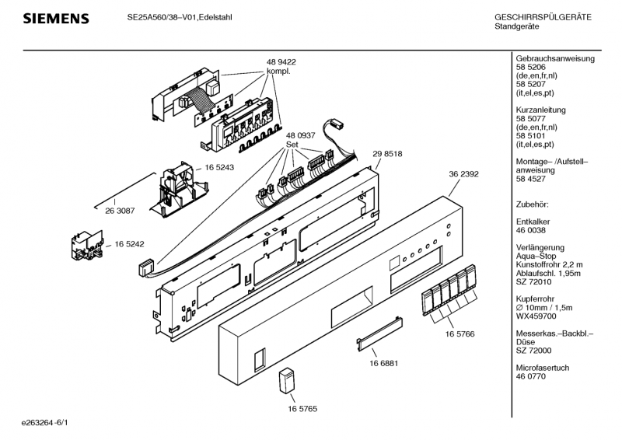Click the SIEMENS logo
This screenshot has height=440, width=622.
tap(56, 19)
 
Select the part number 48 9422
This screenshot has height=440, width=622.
tap(281, 62)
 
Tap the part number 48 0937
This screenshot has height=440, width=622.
tap(300, 135)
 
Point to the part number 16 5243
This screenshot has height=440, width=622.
tap(219, 167)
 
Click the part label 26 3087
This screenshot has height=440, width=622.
tap(120, 211)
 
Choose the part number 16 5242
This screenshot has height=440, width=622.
tap(129, 244)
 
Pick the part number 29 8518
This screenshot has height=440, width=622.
tap(387, 154)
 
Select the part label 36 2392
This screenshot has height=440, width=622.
tap(463, 174)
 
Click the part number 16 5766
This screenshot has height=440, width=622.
tap(460, 333)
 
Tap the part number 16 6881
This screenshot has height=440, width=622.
tap(383, 363)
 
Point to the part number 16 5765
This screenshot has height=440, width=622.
tap(302, 409)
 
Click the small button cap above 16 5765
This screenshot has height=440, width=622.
tap(287, 381)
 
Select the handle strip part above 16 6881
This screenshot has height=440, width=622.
tap(379, 333)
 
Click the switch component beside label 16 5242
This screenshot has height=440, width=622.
tap(87, 246)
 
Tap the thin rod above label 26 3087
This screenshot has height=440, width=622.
tap(124, 190)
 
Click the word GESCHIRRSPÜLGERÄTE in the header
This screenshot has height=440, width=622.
tap(543, 17)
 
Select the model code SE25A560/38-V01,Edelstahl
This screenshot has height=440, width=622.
tap(180, 17)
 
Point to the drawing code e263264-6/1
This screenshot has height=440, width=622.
tap(45, 423)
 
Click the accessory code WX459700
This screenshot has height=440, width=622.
tap(536, 316)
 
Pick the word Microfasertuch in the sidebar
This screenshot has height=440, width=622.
tap(542, 368)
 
